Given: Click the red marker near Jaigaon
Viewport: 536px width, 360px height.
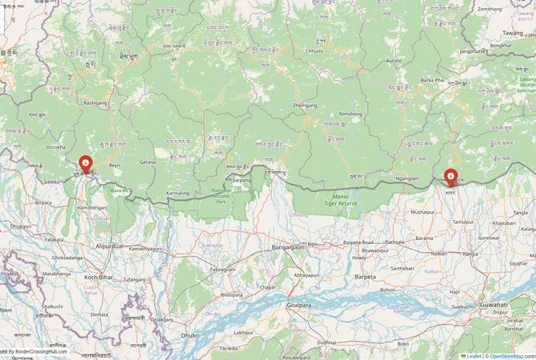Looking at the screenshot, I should pyautogui.click(x=86, y=165).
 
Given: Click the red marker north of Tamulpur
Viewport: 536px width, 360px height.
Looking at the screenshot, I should pyautogui.click(x=450, y=176).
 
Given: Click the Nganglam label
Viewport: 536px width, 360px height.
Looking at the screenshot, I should pyautogui.click(x=407, y=178).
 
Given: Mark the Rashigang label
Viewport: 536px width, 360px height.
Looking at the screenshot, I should pyautogui.click(x=95, y=102).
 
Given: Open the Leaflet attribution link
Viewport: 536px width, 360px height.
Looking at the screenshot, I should pyautogui.click(x=474, y=356).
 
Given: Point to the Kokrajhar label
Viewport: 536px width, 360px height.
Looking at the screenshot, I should pyautogui.click(x=213, y=245).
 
